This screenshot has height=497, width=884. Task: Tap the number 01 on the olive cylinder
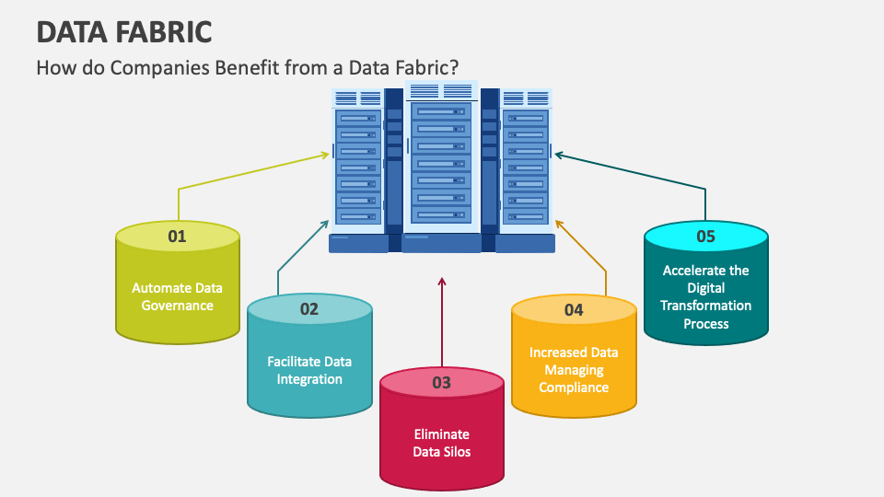click(x=177, y=237)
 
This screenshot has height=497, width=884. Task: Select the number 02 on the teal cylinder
click(x=308, y=309)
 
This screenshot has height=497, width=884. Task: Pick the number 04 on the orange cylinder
click(x=574, y=310)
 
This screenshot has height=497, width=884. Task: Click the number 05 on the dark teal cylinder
click(x=705, y=237)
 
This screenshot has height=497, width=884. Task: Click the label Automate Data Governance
click(x=177, y=296)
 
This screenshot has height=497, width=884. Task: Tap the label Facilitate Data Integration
click(x=309, y=370)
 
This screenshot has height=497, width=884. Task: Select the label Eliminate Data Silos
click(x=441, y=443)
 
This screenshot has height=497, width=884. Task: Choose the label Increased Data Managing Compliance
click(x=574, y=369)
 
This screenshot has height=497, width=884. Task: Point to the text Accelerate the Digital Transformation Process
click(x=706, y=296)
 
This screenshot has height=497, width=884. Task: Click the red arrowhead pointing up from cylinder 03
click(x=442, y=282)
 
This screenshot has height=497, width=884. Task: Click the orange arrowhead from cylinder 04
click(x=558, y=222)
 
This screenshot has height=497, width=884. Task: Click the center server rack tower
click(x=442, y=161)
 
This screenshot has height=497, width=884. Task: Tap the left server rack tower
click(x=357, y=166)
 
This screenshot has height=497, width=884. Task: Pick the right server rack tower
click(x=525, y=166)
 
